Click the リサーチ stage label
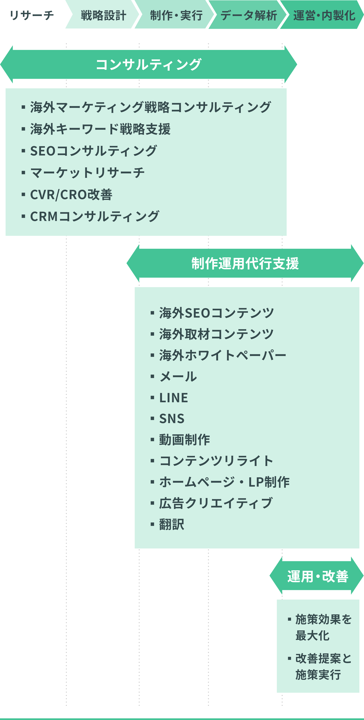tap(32, 15)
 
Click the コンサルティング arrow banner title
tap(148, 65)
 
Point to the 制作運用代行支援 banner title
tap(245, 263)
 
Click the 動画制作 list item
tap(184, 440)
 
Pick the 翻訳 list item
tap(172, 524)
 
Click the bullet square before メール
tap(152, 376)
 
